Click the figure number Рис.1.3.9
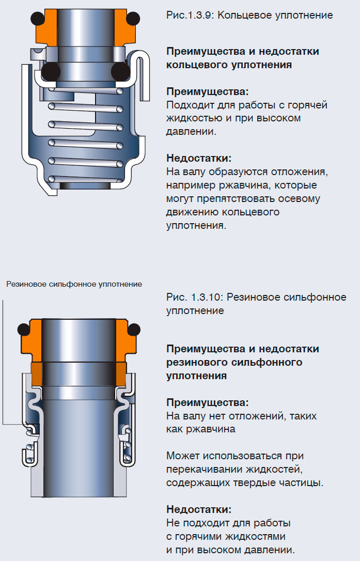coord(189,15)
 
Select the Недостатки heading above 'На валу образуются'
coord(199,158)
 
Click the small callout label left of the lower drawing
coord(74,284)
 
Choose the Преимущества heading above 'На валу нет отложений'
coord(207,402)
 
